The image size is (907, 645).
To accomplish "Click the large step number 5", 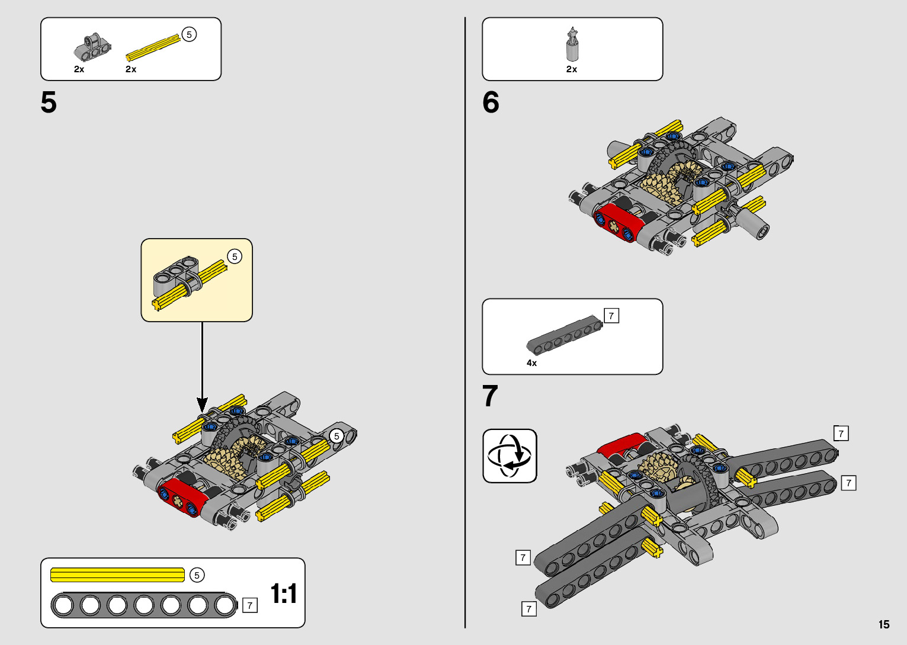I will point(49,102).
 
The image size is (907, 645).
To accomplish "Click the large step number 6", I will point(491,102).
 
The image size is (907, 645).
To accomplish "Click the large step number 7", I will point(490,396).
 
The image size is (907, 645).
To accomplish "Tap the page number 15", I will point(884,624).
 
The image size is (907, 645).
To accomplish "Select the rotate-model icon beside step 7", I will point(509,456).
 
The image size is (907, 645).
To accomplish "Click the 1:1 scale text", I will point(283,593).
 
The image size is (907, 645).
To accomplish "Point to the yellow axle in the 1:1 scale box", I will point(118,575).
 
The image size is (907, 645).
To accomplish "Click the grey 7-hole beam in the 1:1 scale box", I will point(143,605).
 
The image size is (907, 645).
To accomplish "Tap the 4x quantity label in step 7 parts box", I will point(531,363).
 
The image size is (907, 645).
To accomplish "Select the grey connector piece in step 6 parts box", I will point(572,45).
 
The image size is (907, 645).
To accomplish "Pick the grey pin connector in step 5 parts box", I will point(92,47).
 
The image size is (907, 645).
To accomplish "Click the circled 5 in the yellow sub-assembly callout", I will point(235,256).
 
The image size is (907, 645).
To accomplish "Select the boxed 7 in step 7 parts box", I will point(611,316).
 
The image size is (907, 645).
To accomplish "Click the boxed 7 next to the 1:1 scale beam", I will point(250,605).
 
